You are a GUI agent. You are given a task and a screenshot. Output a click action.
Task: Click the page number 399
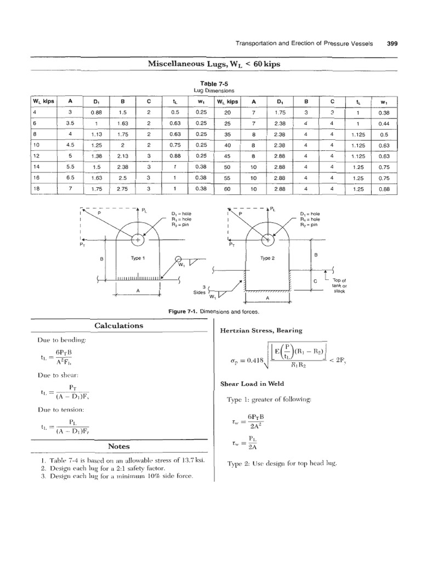click(x=392, y=44)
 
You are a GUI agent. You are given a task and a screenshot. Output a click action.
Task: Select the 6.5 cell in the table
click(x=70, y=178)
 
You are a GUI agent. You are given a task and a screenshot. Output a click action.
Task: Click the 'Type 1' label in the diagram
click(x=136, y=257)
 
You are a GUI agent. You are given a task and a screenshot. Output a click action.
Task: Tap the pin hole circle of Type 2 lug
click(x=268, y=239)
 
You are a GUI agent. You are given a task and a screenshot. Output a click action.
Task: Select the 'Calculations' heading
click(x=118, y=325)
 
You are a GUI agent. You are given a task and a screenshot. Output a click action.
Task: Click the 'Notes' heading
click(x=118, y=446)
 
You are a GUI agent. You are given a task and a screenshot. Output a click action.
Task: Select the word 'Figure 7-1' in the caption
click(x=183, y=312)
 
